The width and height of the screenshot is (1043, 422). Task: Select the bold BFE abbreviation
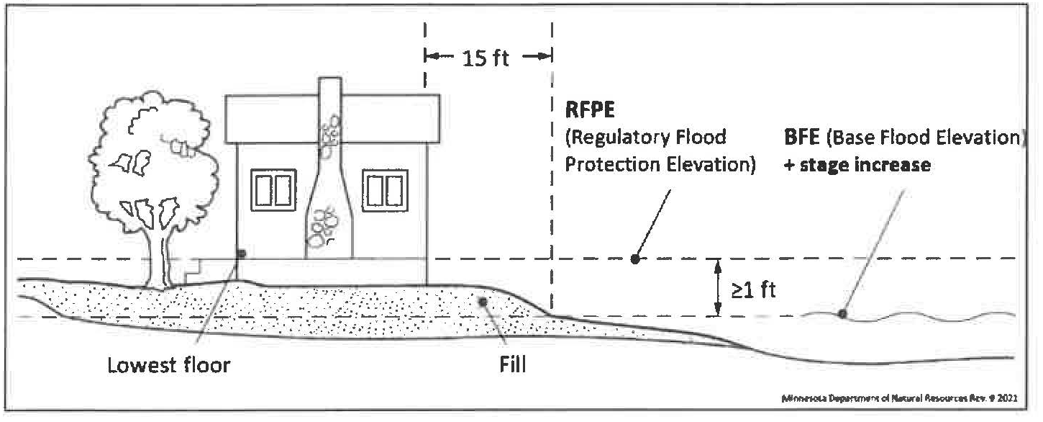[804, 138]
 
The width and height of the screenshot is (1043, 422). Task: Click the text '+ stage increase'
[858, 165]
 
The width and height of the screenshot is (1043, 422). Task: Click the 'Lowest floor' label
[168, 365]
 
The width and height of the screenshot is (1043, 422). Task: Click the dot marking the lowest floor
[241, 253]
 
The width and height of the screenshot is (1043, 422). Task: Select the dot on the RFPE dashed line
[634, 259]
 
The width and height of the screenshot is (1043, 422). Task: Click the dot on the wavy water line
[841, 313]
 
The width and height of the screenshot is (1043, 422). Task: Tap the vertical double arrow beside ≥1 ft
[717, 287]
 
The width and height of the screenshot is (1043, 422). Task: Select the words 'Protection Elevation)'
[660, 165]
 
